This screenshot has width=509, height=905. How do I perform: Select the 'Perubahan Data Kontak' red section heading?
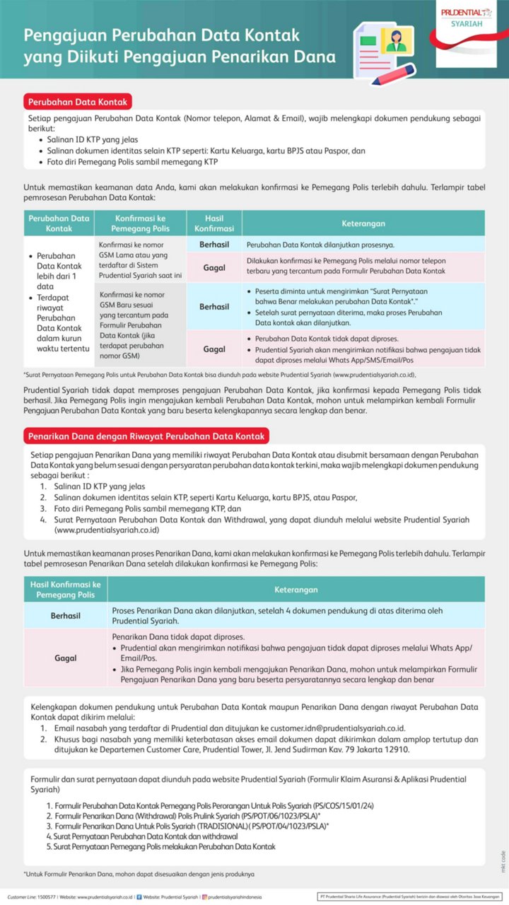[77, 102]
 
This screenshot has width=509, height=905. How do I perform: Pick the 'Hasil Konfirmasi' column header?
[214, 223]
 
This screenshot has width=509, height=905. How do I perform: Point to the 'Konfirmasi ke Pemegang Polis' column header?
[141, 223]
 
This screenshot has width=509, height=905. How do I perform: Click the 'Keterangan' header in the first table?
[363, 223]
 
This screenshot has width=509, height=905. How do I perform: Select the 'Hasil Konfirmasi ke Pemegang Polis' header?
[65, 589]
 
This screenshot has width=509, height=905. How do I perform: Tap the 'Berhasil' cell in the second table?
[65, 616]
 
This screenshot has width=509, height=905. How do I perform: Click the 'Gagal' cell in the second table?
[65, 658]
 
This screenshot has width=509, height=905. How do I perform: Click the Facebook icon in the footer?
[139, 897]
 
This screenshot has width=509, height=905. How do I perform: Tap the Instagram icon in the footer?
[205, 897]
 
